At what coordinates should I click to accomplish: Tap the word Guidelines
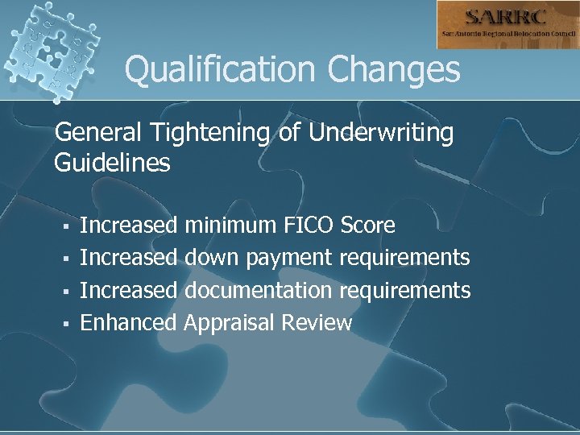coord(112,164)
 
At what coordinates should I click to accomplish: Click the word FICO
coord(311,226)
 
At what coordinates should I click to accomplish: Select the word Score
coord(368,226)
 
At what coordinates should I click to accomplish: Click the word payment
coord(289,259)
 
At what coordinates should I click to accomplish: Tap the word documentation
coord(258,290)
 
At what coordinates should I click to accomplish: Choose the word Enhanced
coord(129,323)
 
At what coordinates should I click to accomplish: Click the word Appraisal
coord(230,323)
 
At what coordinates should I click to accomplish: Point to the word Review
coord(317,323)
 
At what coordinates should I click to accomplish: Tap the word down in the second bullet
coord(213,258)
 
